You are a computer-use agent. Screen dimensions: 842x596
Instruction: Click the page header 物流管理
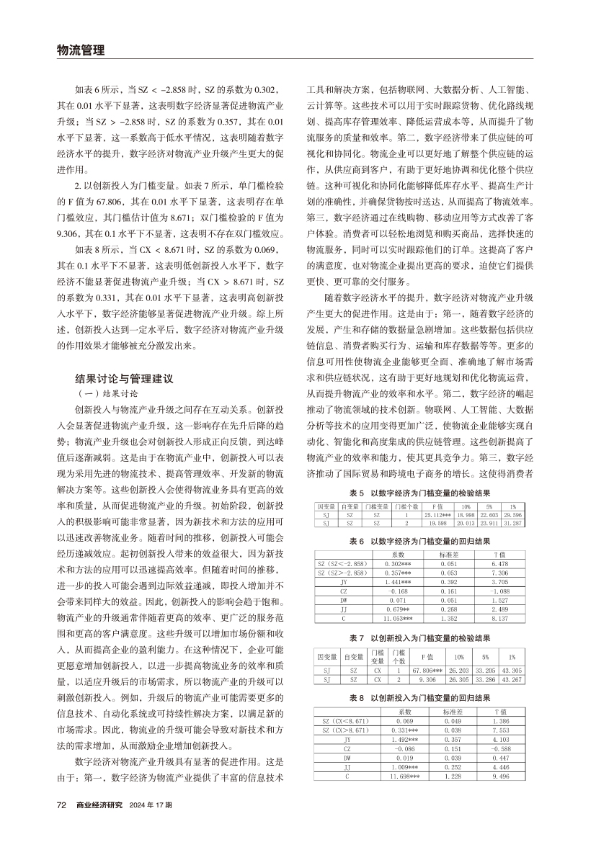point(80,50)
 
